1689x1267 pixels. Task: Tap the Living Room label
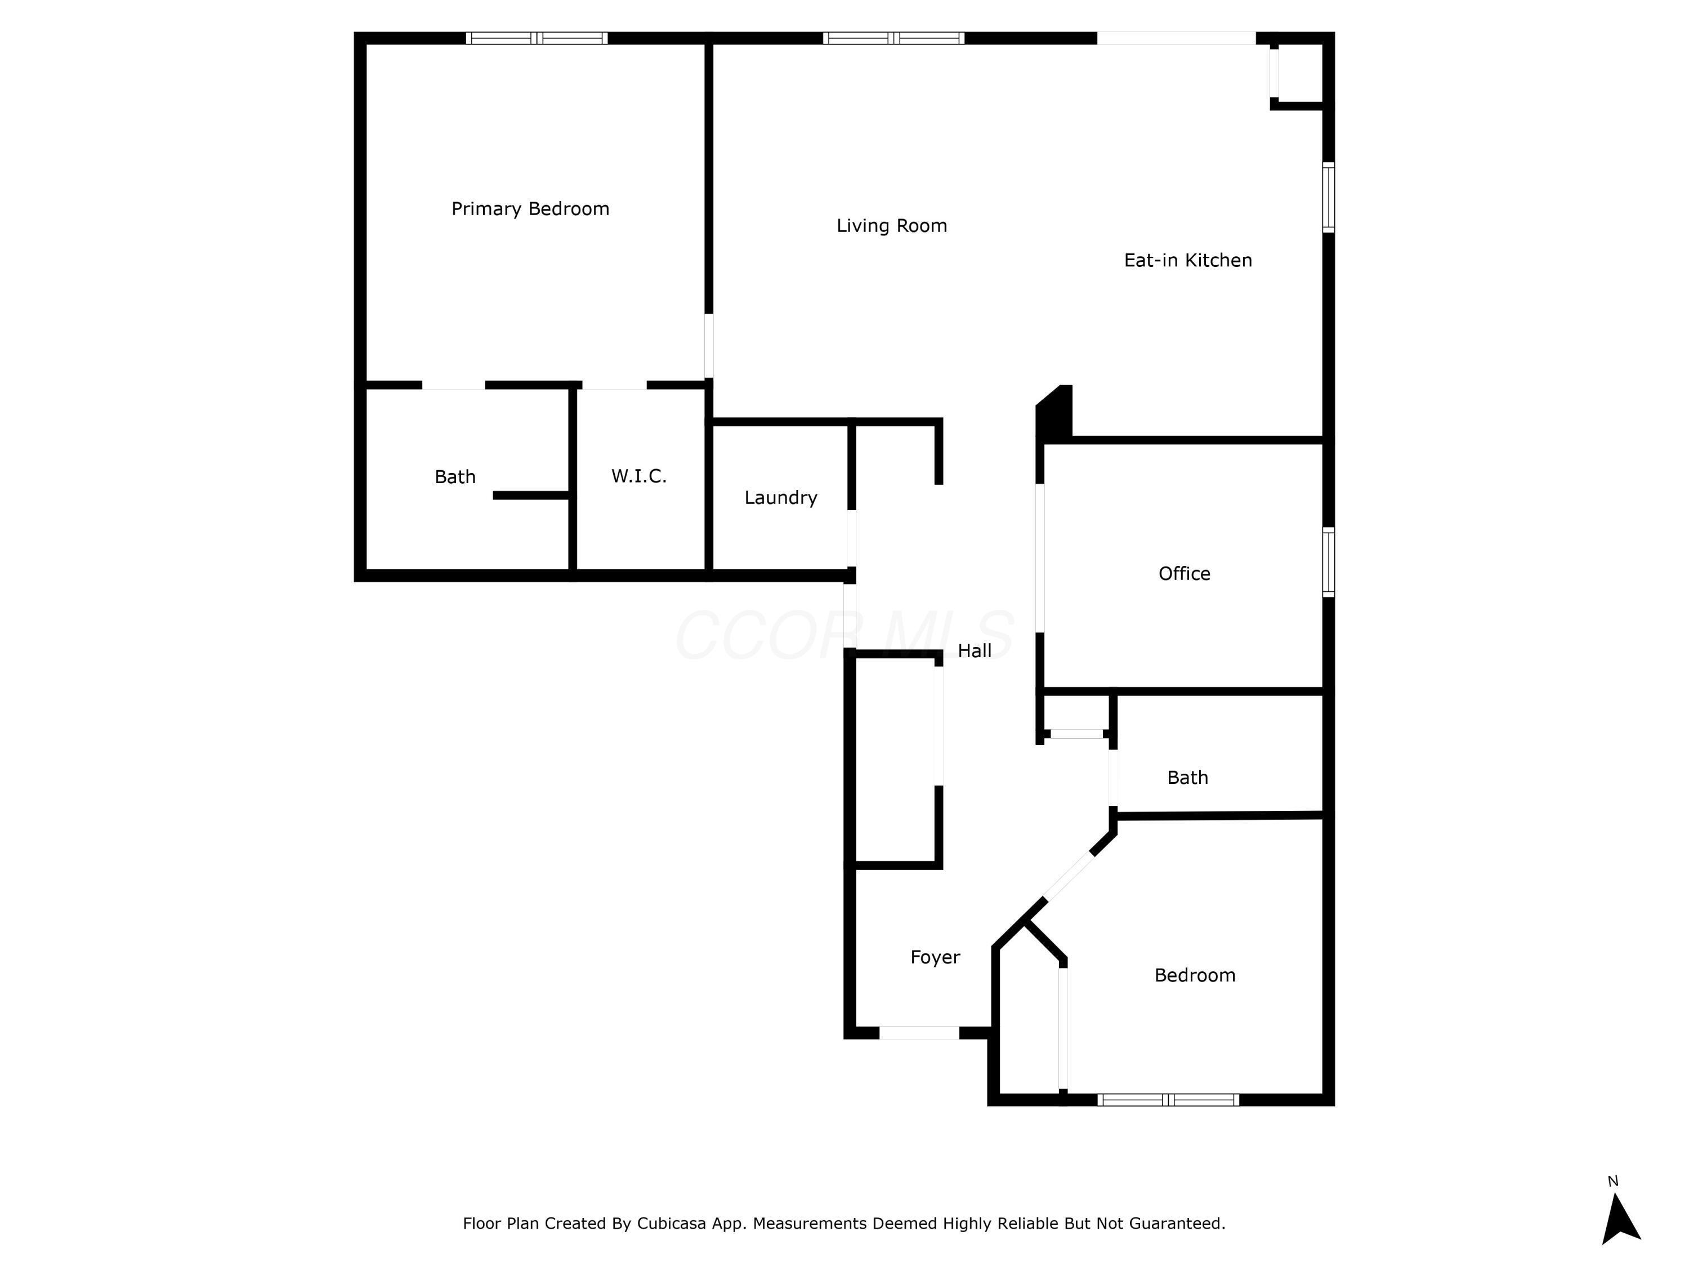coord(892,226)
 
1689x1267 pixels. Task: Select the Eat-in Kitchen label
coord(1188,260)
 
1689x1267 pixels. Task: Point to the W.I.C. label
coord(639,476)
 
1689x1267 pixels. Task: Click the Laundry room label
coord(781,498)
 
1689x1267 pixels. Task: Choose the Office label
coord(1185,574)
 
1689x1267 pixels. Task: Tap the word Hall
coord(975,651)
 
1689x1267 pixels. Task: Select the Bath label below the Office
coord(1188,778)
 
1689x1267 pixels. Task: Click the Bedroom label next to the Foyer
coord(1195,975)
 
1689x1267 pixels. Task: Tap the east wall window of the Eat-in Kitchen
coord(1329,197)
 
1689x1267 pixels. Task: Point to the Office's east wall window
coord(1329,562)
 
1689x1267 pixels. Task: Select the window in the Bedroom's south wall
coord(1168,1100)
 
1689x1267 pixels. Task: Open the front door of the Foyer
coord(919,1033)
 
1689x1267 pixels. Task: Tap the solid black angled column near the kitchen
coord(1055,413)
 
